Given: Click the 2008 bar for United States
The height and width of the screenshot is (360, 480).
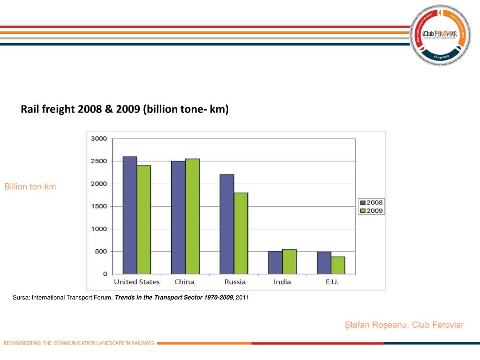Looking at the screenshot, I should point(130,215).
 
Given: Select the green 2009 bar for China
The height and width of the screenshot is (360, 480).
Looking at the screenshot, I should point(192,216).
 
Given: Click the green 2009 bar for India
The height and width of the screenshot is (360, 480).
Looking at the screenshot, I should point(289,262).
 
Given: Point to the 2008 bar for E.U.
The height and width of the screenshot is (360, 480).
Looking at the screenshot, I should point(324,262).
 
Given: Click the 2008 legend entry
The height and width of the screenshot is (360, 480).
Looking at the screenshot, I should point(371,202).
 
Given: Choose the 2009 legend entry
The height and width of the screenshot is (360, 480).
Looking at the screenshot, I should point(371,211).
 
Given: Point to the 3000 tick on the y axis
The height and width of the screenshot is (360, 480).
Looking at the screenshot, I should point(99,139).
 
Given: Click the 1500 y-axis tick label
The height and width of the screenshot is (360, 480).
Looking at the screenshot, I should point(99,206).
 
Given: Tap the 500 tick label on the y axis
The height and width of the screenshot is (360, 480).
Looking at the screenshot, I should point(101,251).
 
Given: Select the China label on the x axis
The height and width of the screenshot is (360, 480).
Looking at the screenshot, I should point(184,282).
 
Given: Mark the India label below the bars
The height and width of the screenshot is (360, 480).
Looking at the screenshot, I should point(282,282).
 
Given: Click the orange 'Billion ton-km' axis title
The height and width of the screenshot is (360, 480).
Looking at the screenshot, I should point(30,187).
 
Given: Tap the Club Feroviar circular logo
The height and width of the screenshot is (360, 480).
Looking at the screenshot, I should point(439,35).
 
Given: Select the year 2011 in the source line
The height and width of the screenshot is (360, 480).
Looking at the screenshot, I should point(242,297).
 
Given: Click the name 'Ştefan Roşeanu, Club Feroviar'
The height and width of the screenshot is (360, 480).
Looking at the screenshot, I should point(404,325).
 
